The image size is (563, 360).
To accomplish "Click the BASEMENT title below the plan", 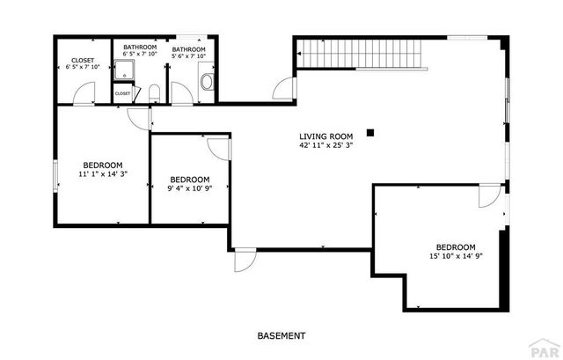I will tap(281, 335).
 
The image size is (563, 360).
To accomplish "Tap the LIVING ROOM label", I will tap(325, 136).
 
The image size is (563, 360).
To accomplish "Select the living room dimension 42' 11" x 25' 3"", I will tap(325, 146).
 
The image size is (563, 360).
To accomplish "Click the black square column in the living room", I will tap(371, 133).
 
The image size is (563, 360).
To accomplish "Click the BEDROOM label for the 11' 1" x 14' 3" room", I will tap(103, 165).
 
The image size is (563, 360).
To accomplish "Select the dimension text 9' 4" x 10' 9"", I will tap(189, 187).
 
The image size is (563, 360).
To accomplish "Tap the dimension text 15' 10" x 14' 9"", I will tap(456, 256).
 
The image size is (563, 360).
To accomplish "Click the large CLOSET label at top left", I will tap(83, 61).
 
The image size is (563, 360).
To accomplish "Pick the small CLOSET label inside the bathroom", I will tap(122, 93).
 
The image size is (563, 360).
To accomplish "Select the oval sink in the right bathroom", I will tap(208, 83).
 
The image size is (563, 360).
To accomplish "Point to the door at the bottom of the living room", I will tap(245, 261).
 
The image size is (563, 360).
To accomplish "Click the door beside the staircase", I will tap(283, 87).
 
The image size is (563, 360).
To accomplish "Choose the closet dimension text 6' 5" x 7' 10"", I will tap(83, 68).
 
